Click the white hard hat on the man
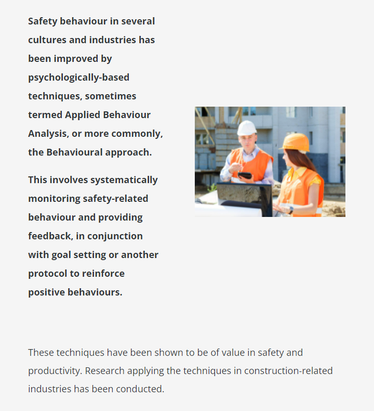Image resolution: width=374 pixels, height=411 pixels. [x=247, y=127]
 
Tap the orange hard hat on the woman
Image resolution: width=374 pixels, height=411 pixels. [x=296, y=142]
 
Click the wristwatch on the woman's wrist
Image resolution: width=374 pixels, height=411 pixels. [x=291, y=209]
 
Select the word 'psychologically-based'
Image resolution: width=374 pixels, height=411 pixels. [x=78, y=78]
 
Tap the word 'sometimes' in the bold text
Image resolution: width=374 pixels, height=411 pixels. [x=111, y=96]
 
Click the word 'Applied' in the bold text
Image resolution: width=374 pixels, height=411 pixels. [x=83, y=115]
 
